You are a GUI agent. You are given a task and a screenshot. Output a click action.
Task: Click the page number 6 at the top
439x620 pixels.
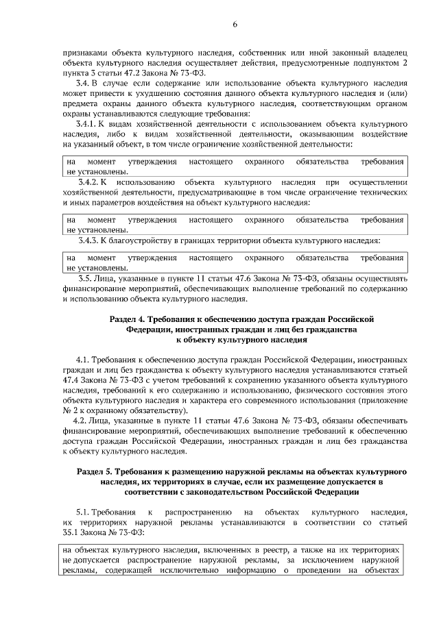coord(234,25)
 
